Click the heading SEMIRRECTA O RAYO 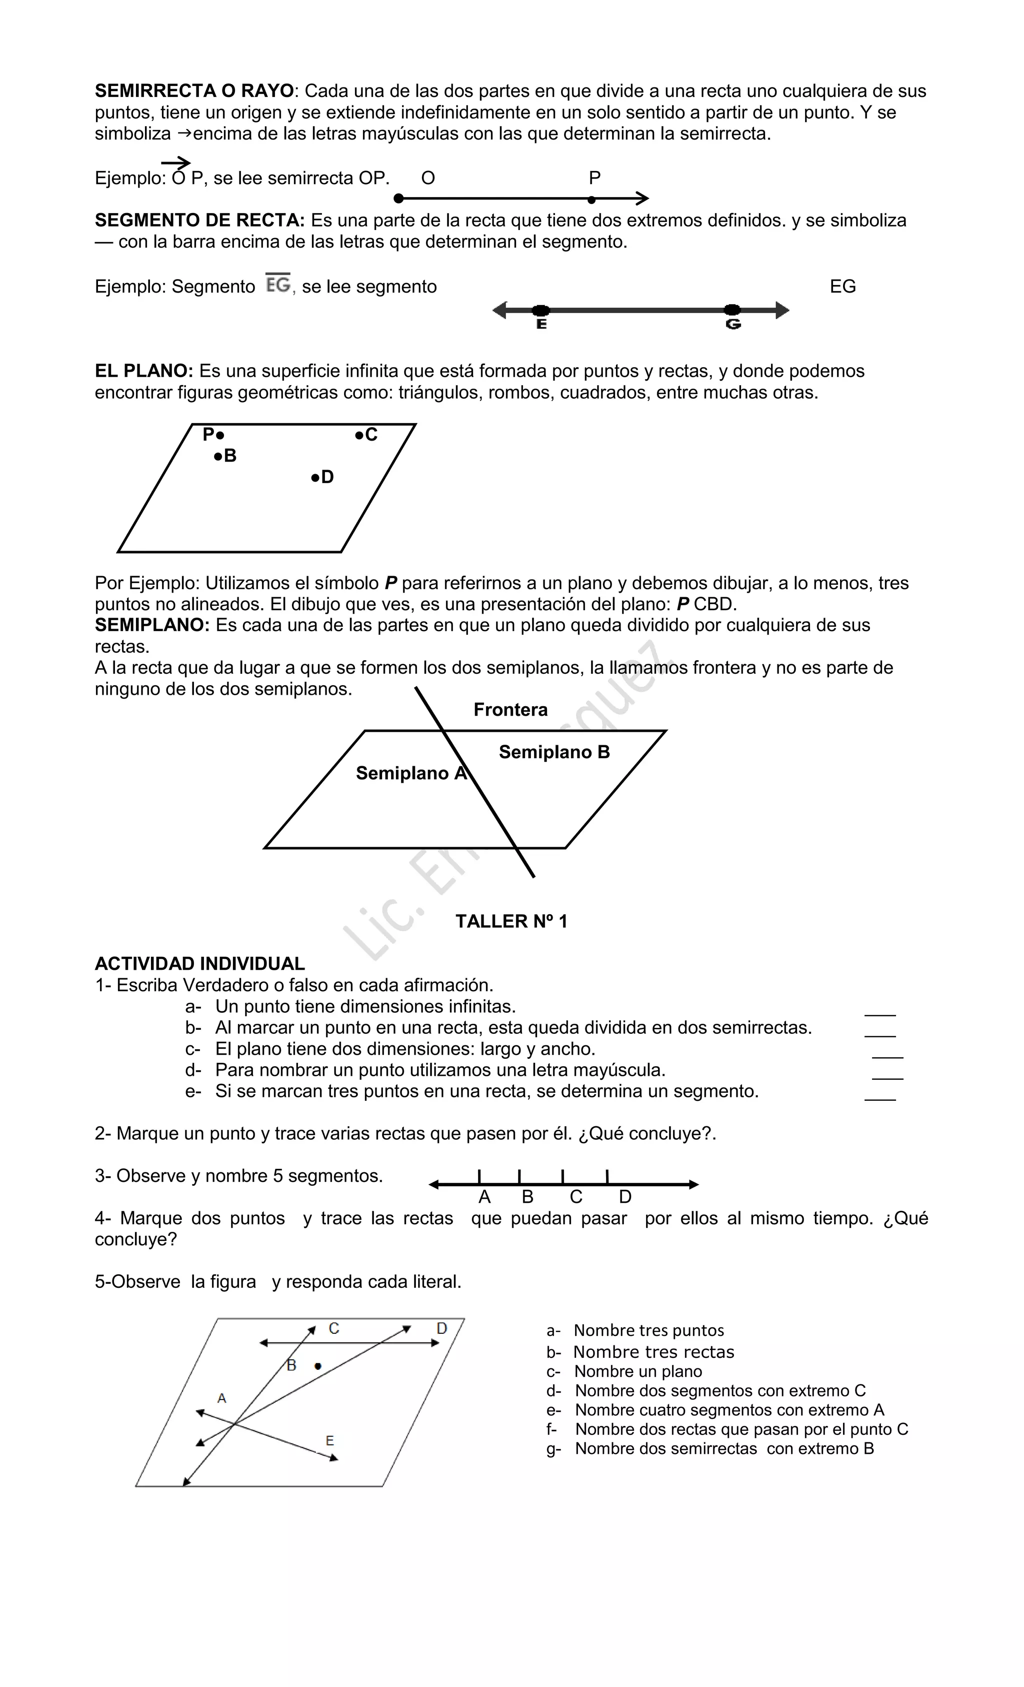click(193, 91)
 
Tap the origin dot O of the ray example click(399, 199)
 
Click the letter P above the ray click(594, 178)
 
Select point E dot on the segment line click(540, 310)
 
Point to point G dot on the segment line click(732, 310)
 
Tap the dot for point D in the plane click(315, 477)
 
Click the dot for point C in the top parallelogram click(358, 435)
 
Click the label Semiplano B click(554, 752)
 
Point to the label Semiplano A click(410, 774)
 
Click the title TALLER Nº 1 click(511, 922)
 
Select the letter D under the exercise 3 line click(624, 1197)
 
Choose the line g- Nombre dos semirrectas click(724, 1449)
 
